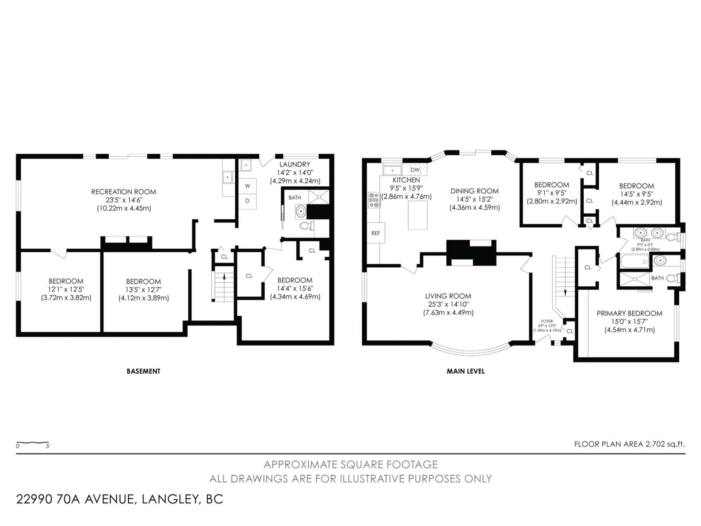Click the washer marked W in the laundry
tap(248, 186)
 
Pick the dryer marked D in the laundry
tap(248, 201)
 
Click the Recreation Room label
tap(124, 192)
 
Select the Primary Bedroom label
tap(629, 313)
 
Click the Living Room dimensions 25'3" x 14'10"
tap(448, 304)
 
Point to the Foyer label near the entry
tap(547, 321)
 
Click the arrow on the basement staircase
tap(224, 277)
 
